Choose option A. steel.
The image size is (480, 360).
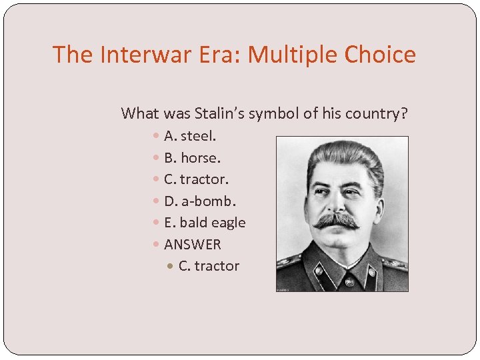(190, 136)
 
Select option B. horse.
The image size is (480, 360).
(192, 158)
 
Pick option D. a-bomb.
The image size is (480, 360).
(200, 201)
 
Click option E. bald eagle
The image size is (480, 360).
(205, 223)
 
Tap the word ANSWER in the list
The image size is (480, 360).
(193, 245)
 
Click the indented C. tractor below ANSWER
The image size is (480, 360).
(209, 266)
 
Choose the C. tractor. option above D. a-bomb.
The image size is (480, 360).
(196, 179)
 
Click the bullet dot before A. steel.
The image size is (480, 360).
(155, 136)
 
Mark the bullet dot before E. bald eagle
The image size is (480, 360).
(155, 223)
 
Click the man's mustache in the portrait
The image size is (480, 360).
(337, 221)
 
